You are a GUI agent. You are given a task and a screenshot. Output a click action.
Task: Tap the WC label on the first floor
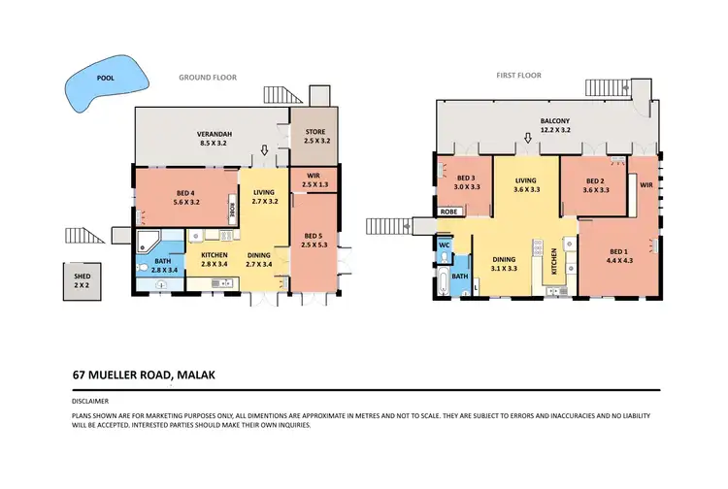click(445, 244)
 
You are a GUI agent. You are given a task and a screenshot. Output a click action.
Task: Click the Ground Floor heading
click(207, 77)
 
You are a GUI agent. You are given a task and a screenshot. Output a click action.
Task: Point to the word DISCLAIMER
click(90, 401)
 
